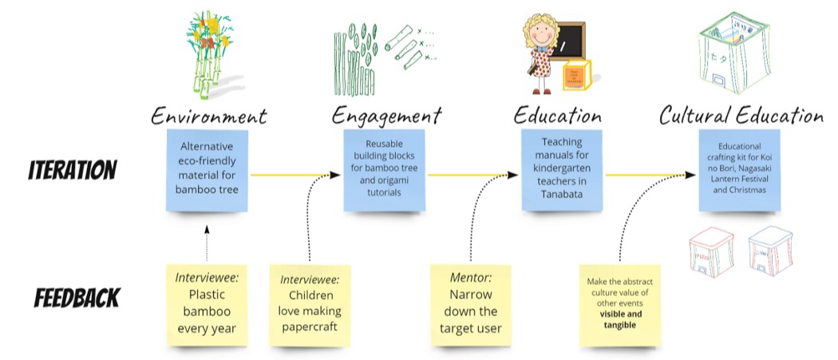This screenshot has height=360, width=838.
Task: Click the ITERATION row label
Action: click(x=73, y=170)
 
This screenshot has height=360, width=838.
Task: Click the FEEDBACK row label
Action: click(x=77, y=298)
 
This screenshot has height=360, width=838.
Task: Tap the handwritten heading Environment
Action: click(x=208, y=116)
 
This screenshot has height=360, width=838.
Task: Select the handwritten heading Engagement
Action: click(x=386, y=116)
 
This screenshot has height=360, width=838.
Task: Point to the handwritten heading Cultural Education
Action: click(x=741, y=116)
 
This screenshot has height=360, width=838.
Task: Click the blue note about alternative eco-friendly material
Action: click(x=207, y=169)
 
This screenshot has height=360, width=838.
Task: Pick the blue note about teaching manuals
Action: click(x=563, y=170)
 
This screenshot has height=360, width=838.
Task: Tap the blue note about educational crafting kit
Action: click(x=740, y=170)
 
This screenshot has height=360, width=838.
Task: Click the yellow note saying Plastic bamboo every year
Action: click(x=207, y=304)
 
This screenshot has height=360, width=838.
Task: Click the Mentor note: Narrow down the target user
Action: click(x=470, y=304)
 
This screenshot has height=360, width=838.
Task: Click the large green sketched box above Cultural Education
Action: click(x=732, y=56)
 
